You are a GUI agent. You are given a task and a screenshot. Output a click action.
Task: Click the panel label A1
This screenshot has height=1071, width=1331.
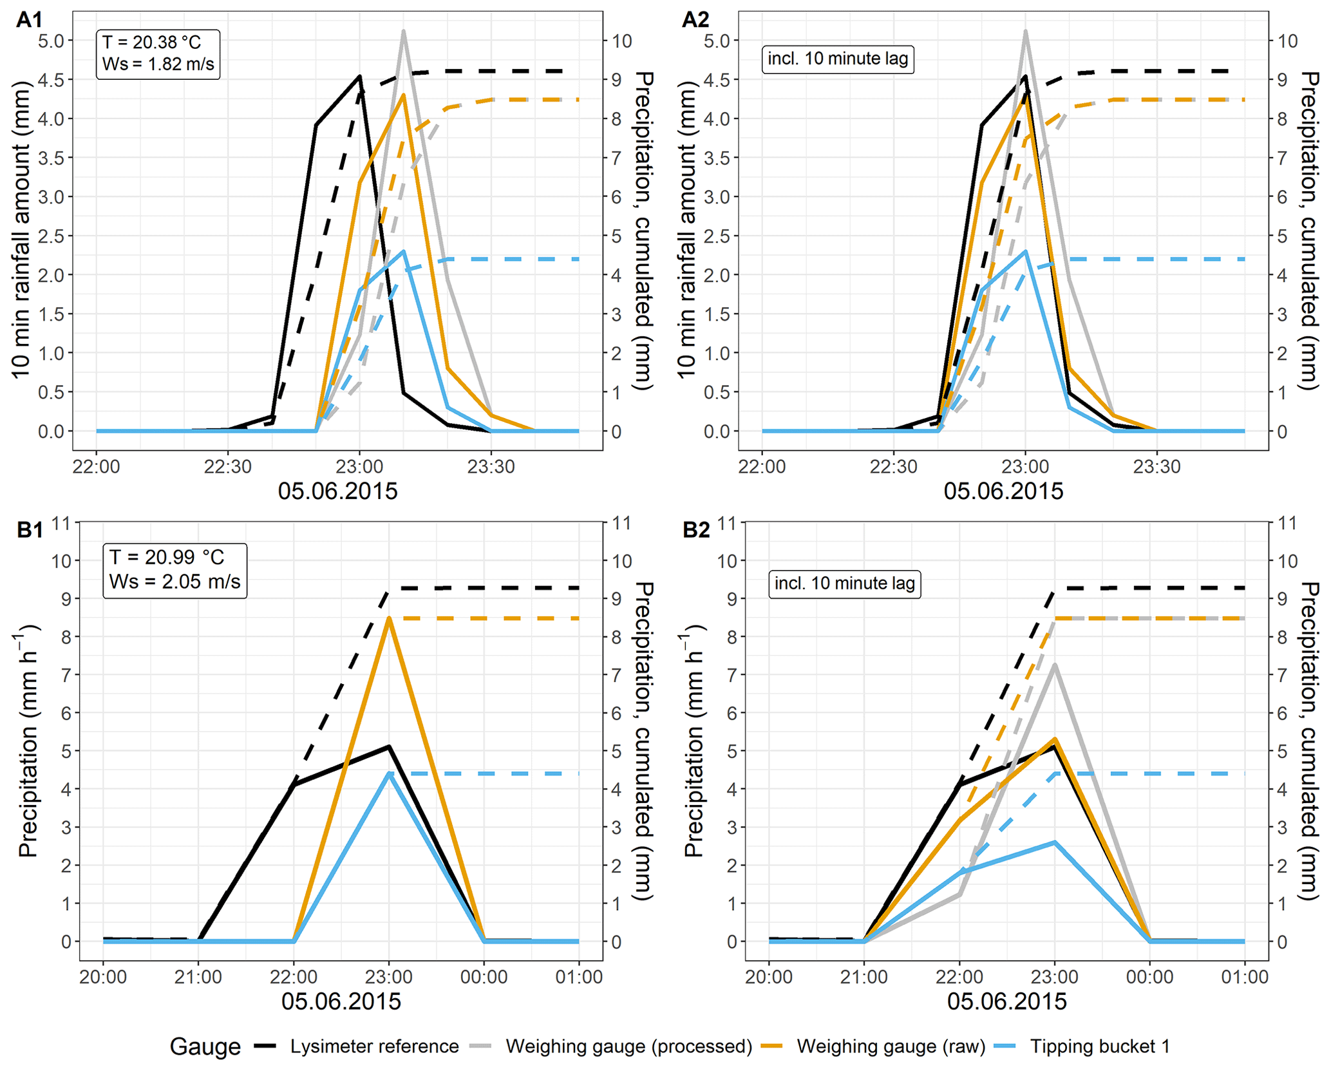click(29, 20)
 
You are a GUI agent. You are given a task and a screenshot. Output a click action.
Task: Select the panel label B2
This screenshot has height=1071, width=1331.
click(695, 530)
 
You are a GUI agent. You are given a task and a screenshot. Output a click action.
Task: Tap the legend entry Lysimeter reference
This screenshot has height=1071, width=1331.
click(374, 1047)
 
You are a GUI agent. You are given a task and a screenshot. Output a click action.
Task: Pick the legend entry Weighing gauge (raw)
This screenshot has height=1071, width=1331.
click(891, 1047)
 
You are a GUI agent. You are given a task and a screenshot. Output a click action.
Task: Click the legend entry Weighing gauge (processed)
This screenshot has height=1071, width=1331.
click(628, 1047)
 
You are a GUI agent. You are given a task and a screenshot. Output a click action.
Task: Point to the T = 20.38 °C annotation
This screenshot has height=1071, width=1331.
click(152, 43)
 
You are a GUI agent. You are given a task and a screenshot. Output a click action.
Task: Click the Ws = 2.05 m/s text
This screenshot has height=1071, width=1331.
click(175, 582)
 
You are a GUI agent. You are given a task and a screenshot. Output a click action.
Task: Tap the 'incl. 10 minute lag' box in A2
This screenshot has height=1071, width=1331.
click(838, 59)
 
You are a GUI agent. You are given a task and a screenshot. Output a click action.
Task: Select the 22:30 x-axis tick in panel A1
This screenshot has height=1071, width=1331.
click(227, 466)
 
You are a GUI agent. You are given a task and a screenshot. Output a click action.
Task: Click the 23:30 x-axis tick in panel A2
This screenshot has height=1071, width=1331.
click(1156, 466)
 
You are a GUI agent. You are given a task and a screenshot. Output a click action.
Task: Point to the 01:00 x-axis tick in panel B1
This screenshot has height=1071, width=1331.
click(578, 977)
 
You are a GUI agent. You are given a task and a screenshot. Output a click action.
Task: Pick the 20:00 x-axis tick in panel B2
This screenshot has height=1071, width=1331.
click(769, 977)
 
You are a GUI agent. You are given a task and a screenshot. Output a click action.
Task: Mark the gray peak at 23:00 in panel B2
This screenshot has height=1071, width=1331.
click(1055, 665)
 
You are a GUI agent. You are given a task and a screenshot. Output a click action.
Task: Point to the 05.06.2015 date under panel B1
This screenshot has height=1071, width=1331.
click(341, 1001)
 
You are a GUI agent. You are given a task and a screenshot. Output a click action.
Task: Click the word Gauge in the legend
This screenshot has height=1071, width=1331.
click(205, 1047)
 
